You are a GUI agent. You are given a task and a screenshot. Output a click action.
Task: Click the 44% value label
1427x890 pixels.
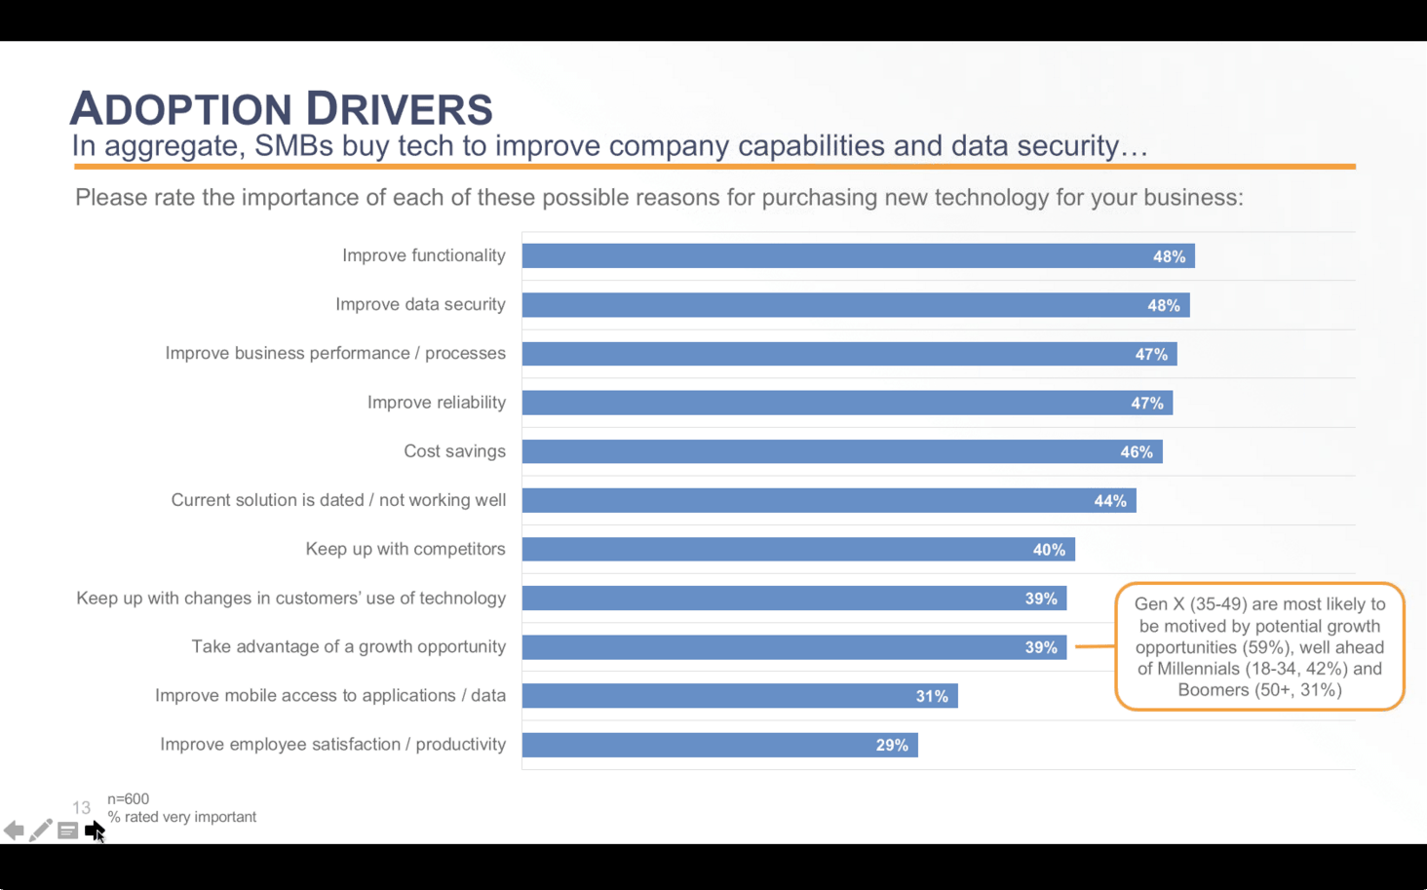(x=1110, y=501)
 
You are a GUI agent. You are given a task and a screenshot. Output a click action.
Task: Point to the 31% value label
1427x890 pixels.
(x=932, y=696)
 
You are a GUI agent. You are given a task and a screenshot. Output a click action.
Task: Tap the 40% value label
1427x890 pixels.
(x=1049, y=550)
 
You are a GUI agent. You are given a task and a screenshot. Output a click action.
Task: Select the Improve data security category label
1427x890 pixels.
(x=420, y=304)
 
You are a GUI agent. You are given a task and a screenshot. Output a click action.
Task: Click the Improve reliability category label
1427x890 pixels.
(x=436, y=403)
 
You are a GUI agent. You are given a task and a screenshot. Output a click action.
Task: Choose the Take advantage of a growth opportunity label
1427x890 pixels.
(x=348, y=646)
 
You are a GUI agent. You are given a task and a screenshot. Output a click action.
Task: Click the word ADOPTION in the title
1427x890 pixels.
(x=180, y=109)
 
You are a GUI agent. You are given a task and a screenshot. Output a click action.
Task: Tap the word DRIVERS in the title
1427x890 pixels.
(x=399, y=109)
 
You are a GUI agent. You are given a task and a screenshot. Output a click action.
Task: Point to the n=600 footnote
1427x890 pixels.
(x=128, y=799)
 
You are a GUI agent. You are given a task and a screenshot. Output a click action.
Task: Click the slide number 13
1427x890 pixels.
(x=81, y=808)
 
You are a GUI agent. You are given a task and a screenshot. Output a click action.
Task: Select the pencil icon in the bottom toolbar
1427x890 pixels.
(x=40, y=831)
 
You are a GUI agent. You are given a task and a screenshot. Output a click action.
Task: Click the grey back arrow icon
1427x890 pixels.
(x=14, y=831)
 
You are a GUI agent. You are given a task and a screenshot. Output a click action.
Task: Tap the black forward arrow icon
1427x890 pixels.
(x=94, y=831)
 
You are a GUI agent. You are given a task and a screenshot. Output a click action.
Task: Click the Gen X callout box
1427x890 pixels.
(x=1259, y=646)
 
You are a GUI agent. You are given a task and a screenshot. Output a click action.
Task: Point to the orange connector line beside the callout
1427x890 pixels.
(x=1095, y=646)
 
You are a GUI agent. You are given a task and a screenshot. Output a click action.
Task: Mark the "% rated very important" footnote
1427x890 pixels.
(x=182, y=817)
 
